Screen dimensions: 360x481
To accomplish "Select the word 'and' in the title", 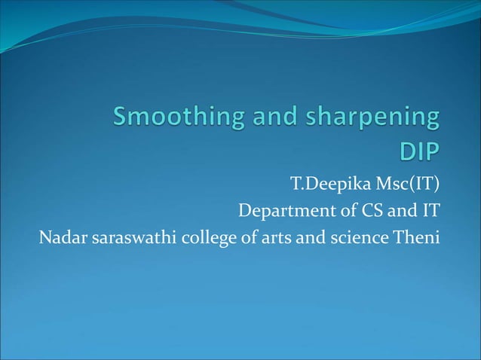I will (260, 118).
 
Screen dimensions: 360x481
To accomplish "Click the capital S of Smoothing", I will (122, 118).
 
